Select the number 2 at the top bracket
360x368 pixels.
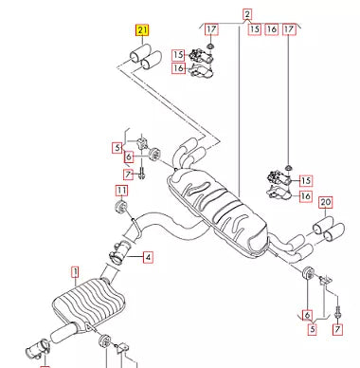247,13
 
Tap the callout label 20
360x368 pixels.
326,201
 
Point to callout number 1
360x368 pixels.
74,270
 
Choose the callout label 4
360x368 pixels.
148,256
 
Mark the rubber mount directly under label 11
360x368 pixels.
120,209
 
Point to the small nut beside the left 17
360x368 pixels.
210,47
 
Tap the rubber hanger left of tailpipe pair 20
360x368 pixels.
306,276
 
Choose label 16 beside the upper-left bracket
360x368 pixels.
178,68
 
